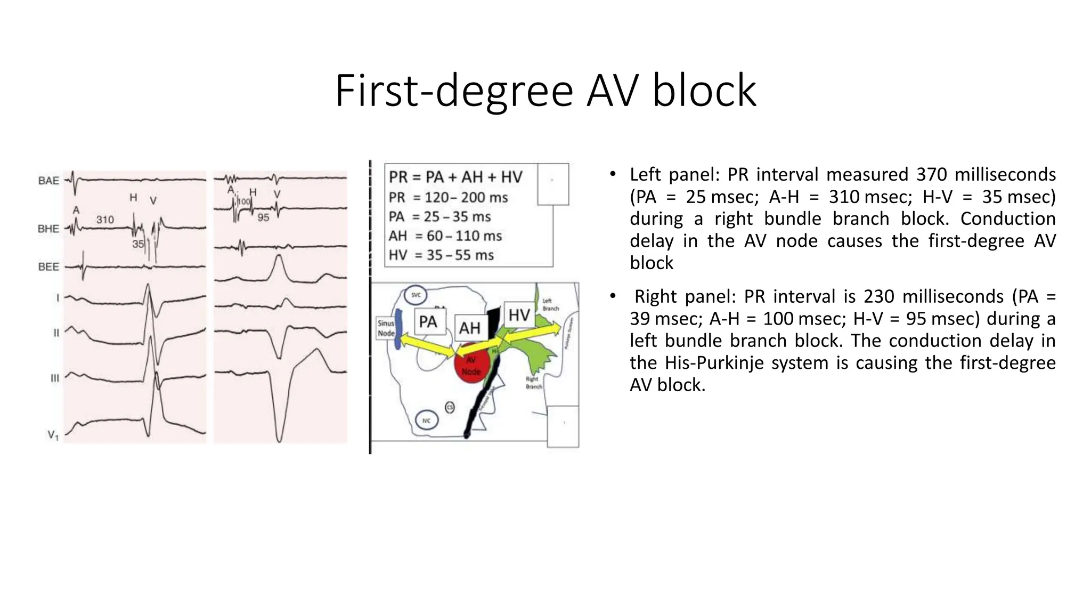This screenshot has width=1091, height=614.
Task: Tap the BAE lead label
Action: pos(48,181)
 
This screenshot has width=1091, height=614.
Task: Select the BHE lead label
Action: pos(48,229)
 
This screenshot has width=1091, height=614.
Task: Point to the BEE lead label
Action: pos(48,266)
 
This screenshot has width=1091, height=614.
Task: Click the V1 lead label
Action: pos(53,435)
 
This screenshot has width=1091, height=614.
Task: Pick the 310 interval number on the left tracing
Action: pos(105,220)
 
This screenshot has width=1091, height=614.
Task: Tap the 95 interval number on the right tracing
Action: pos(263,217)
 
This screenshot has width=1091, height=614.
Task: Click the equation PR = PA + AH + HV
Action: pos(455,177)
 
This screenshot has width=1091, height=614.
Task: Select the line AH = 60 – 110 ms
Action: pos(445,236)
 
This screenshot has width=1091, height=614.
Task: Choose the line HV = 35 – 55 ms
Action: pos(441,255)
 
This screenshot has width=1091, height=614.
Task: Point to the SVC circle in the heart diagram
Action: pos(416,295)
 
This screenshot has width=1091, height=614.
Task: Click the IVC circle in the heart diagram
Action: pos(426,421)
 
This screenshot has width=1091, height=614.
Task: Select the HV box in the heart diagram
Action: pos(519,315)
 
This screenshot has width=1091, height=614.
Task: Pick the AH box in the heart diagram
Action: pos(469,328)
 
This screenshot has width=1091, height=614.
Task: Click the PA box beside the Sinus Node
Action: pos(428,322)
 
